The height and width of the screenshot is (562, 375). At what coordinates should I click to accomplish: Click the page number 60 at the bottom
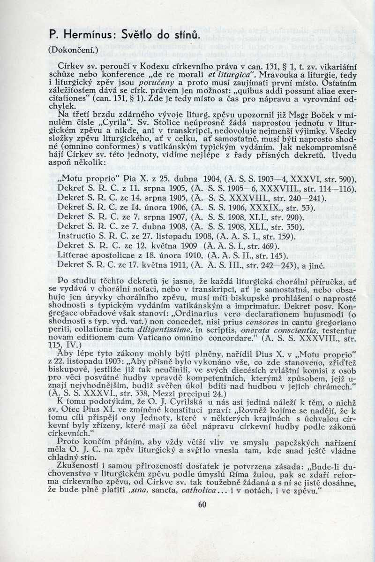coord(202,505)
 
